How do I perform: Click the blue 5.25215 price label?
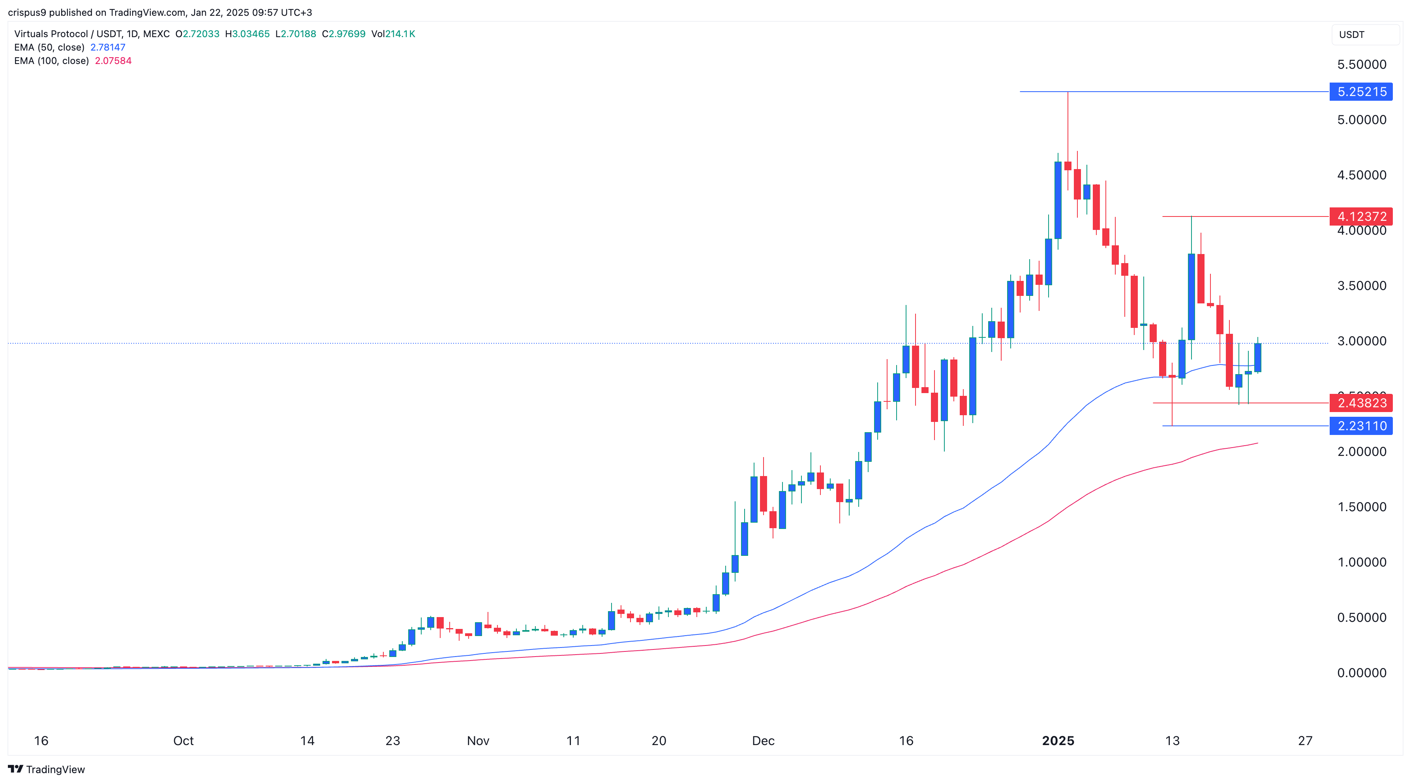point(1361,92)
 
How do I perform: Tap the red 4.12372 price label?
point(1361,216)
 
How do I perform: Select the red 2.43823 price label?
point(1361,403)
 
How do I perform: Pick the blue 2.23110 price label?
point(1361,426)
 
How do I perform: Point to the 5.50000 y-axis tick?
point(1362,65)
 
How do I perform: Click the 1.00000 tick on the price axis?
point(1362,562)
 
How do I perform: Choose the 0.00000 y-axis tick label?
point(1362,673)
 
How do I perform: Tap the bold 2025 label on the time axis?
point(1058,741)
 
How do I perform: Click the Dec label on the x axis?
point(763,741)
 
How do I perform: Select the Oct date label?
point(184,741)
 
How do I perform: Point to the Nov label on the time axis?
point(478,741)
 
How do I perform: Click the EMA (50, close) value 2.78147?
point(108,47)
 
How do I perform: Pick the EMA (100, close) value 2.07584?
point(113,61)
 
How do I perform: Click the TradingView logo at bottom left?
point(47,769)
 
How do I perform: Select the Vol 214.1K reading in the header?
point(393,34)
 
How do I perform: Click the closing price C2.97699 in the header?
point(343,34)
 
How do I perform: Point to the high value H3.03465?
point(248,34)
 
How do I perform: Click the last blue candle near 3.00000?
point(1258,358)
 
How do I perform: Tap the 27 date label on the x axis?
point(1305,741)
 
